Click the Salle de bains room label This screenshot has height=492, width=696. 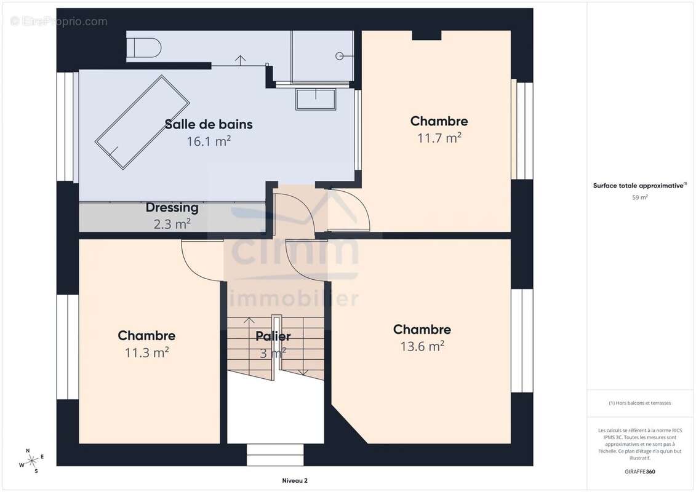coord(209,124)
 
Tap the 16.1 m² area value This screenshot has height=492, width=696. coord(209,141)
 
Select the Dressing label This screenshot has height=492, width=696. coord(172,208)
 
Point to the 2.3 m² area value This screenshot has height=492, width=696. coord(172,224)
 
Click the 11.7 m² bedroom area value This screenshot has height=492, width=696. coord(439,138)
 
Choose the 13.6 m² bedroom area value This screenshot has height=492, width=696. coord(422,346)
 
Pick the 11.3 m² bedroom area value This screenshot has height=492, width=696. coord(146,352)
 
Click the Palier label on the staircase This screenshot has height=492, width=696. coord(273,336)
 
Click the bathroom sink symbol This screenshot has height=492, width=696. coord(316,99)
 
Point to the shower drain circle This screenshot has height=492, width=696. coord(340,56)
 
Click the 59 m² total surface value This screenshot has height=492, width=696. coord(640,197)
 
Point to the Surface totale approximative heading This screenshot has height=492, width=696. coord(639,185)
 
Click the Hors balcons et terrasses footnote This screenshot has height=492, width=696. coord(640,403)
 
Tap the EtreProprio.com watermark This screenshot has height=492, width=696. coord(59,22)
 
